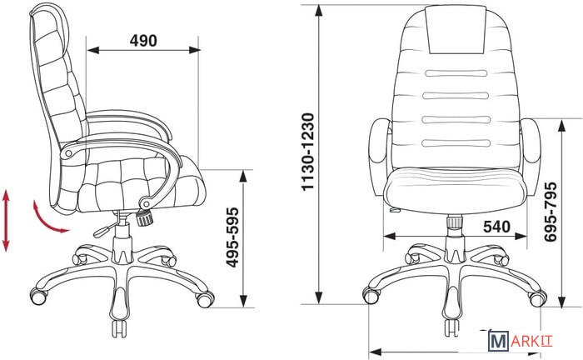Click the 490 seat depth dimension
tap(143, 41)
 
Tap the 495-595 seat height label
tap(232, 237)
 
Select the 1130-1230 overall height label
tap(308, 152)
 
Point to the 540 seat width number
tap(496, 226)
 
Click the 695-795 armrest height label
tap(551, 211)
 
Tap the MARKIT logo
tap(520, 341)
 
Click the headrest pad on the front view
tap(457, 29)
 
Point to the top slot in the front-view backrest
tap(456, 73)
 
